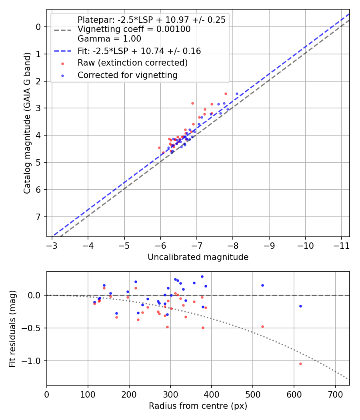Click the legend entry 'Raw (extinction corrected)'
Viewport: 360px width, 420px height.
point(132,63)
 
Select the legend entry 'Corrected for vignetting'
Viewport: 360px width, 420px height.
point(128,75)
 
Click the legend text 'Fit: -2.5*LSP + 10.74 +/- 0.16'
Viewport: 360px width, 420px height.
point(139,51)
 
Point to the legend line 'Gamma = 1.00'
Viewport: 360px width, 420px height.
point(109,39)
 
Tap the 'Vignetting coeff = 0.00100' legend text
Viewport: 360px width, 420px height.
point(134,29)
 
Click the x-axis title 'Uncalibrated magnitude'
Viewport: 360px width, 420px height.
point(198,257)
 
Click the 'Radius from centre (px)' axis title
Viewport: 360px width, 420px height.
point(198,406)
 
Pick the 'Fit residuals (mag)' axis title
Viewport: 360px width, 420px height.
point(12,329)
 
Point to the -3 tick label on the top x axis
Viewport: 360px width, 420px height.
point(52,245)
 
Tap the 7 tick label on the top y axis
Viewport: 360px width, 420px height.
point(38,217)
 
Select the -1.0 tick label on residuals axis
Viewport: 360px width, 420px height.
point(33,361)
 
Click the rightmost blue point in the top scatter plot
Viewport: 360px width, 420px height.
point(237,94)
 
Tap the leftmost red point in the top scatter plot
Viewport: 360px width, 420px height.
point(159,148)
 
